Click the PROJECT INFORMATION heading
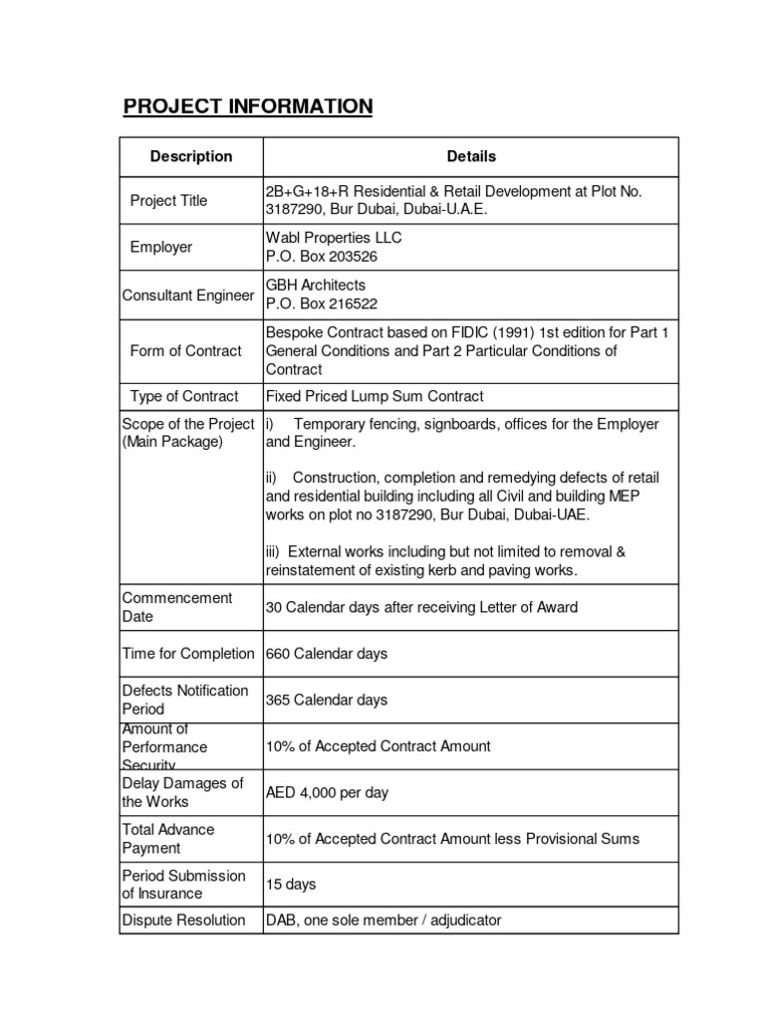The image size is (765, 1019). (247, 105)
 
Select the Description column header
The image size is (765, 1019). (190, 156)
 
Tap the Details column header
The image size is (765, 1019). (471, 156)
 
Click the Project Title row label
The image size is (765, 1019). (168, 201)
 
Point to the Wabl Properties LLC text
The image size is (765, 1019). (334, 238)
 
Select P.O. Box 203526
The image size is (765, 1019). (321, 257)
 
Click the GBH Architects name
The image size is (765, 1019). (315, 286)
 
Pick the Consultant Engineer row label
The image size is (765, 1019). (188, 296)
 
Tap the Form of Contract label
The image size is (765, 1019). (185, 350)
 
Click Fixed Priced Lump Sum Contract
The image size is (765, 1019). (374, 396)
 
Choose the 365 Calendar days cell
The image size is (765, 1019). (327, 700)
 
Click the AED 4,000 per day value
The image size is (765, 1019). (327, 793)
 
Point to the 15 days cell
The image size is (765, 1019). (290, 884)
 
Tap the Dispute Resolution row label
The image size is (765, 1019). (183, 920)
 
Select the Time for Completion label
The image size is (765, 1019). (188, 654)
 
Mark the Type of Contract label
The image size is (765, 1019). (184, 396)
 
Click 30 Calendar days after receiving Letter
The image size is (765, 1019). (421, 607)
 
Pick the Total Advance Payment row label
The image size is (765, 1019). (167, 839)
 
